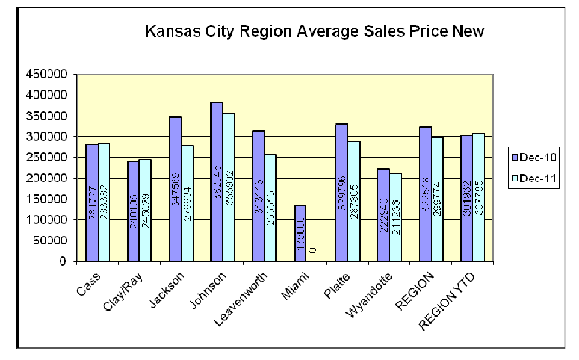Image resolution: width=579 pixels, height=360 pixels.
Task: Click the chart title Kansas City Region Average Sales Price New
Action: click(x=314, y=31)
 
